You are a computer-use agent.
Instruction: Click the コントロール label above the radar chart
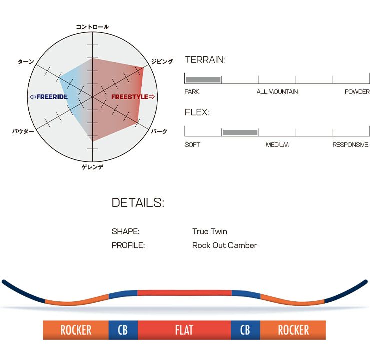pos(92,27)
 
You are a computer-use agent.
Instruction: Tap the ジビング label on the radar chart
pos(162,62)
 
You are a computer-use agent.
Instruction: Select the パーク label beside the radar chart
pos(159,131)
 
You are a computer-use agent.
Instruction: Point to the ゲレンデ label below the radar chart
pos(92,167)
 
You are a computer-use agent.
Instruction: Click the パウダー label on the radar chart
pos(23,131)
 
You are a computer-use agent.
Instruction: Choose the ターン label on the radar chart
pos(26,62)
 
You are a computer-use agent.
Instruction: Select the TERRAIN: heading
pos(205,60)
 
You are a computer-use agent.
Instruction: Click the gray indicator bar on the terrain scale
pos(203,79)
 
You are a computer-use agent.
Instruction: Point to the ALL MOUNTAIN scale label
pos(277,92)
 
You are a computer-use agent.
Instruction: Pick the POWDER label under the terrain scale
pos(357,92)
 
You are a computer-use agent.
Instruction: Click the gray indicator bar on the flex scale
pos(240,132)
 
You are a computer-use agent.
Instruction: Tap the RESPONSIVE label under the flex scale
pos(350,145)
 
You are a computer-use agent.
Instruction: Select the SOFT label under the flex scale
pos(192,145)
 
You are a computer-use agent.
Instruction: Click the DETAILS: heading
pos(138,203)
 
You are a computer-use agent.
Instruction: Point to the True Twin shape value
pos(209,232)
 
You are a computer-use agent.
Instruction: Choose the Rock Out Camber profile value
pos(224,245)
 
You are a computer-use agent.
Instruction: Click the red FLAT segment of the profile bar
pos(184,330)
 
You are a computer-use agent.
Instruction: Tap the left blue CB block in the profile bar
pos(123,330)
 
